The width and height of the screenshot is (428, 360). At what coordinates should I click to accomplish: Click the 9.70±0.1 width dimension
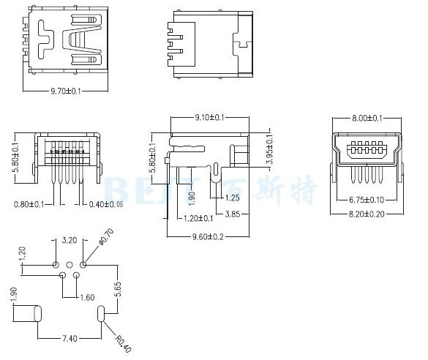[65, 91]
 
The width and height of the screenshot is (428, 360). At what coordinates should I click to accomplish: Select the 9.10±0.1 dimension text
[209, 117]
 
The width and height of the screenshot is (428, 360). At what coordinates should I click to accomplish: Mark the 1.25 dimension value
[233, 198]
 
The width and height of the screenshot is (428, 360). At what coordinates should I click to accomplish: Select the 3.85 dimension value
[233, 214]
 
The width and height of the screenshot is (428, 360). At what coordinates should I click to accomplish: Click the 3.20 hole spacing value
[70, 240]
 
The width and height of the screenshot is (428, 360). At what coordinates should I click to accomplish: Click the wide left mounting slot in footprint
[29, 315]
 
